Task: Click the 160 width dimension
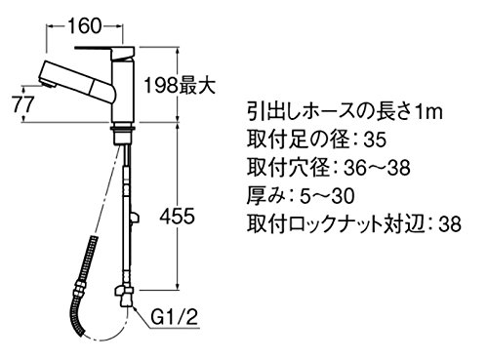(85, 25)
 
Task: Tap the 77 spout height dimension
(22, 104)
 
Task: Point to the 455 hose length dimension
(177, 216)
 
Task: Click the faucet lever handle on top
(104, 50)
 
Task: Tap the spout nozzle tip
(47, 85)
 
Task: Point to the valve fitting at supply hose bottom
(124, 296)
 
